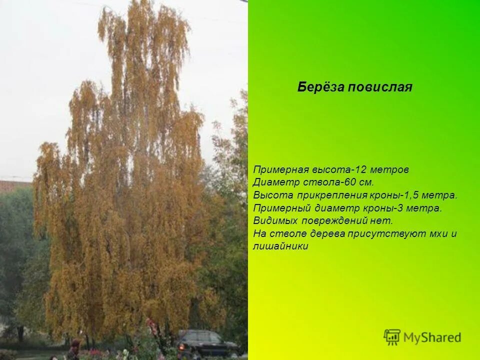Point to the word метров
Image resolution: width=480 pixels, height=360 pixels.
point(390,170)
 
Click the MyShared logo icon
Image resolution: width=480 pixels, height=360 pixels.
point(392,337)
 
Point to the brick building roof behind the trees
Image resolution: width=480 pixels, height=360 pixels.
point(15,185)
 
